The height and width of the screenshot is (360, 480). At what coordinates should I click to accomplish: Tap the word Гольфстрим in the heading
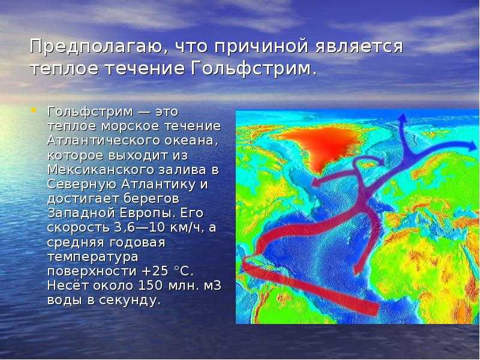[x=253, y=68]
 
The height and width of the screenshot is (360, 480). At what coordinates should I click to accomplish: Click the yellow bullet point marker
[x=34, y=109]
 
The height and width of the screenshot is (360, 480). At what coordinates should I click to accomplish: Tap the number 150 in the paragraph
[x=151, y=286]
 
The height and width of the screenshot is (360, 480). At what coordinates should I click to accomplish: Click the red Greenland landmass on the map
[x=322, y=145]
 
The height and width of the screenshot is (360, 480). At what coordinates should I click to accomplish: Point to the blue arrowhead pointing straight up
[x=403, y=118]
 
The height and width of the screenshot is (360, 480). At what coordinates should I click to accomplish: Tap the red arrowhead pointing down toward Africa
[x=356, y=269]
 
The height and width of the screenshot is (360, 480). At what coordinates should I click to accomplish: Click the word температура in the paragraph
[x=93, y=257]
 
